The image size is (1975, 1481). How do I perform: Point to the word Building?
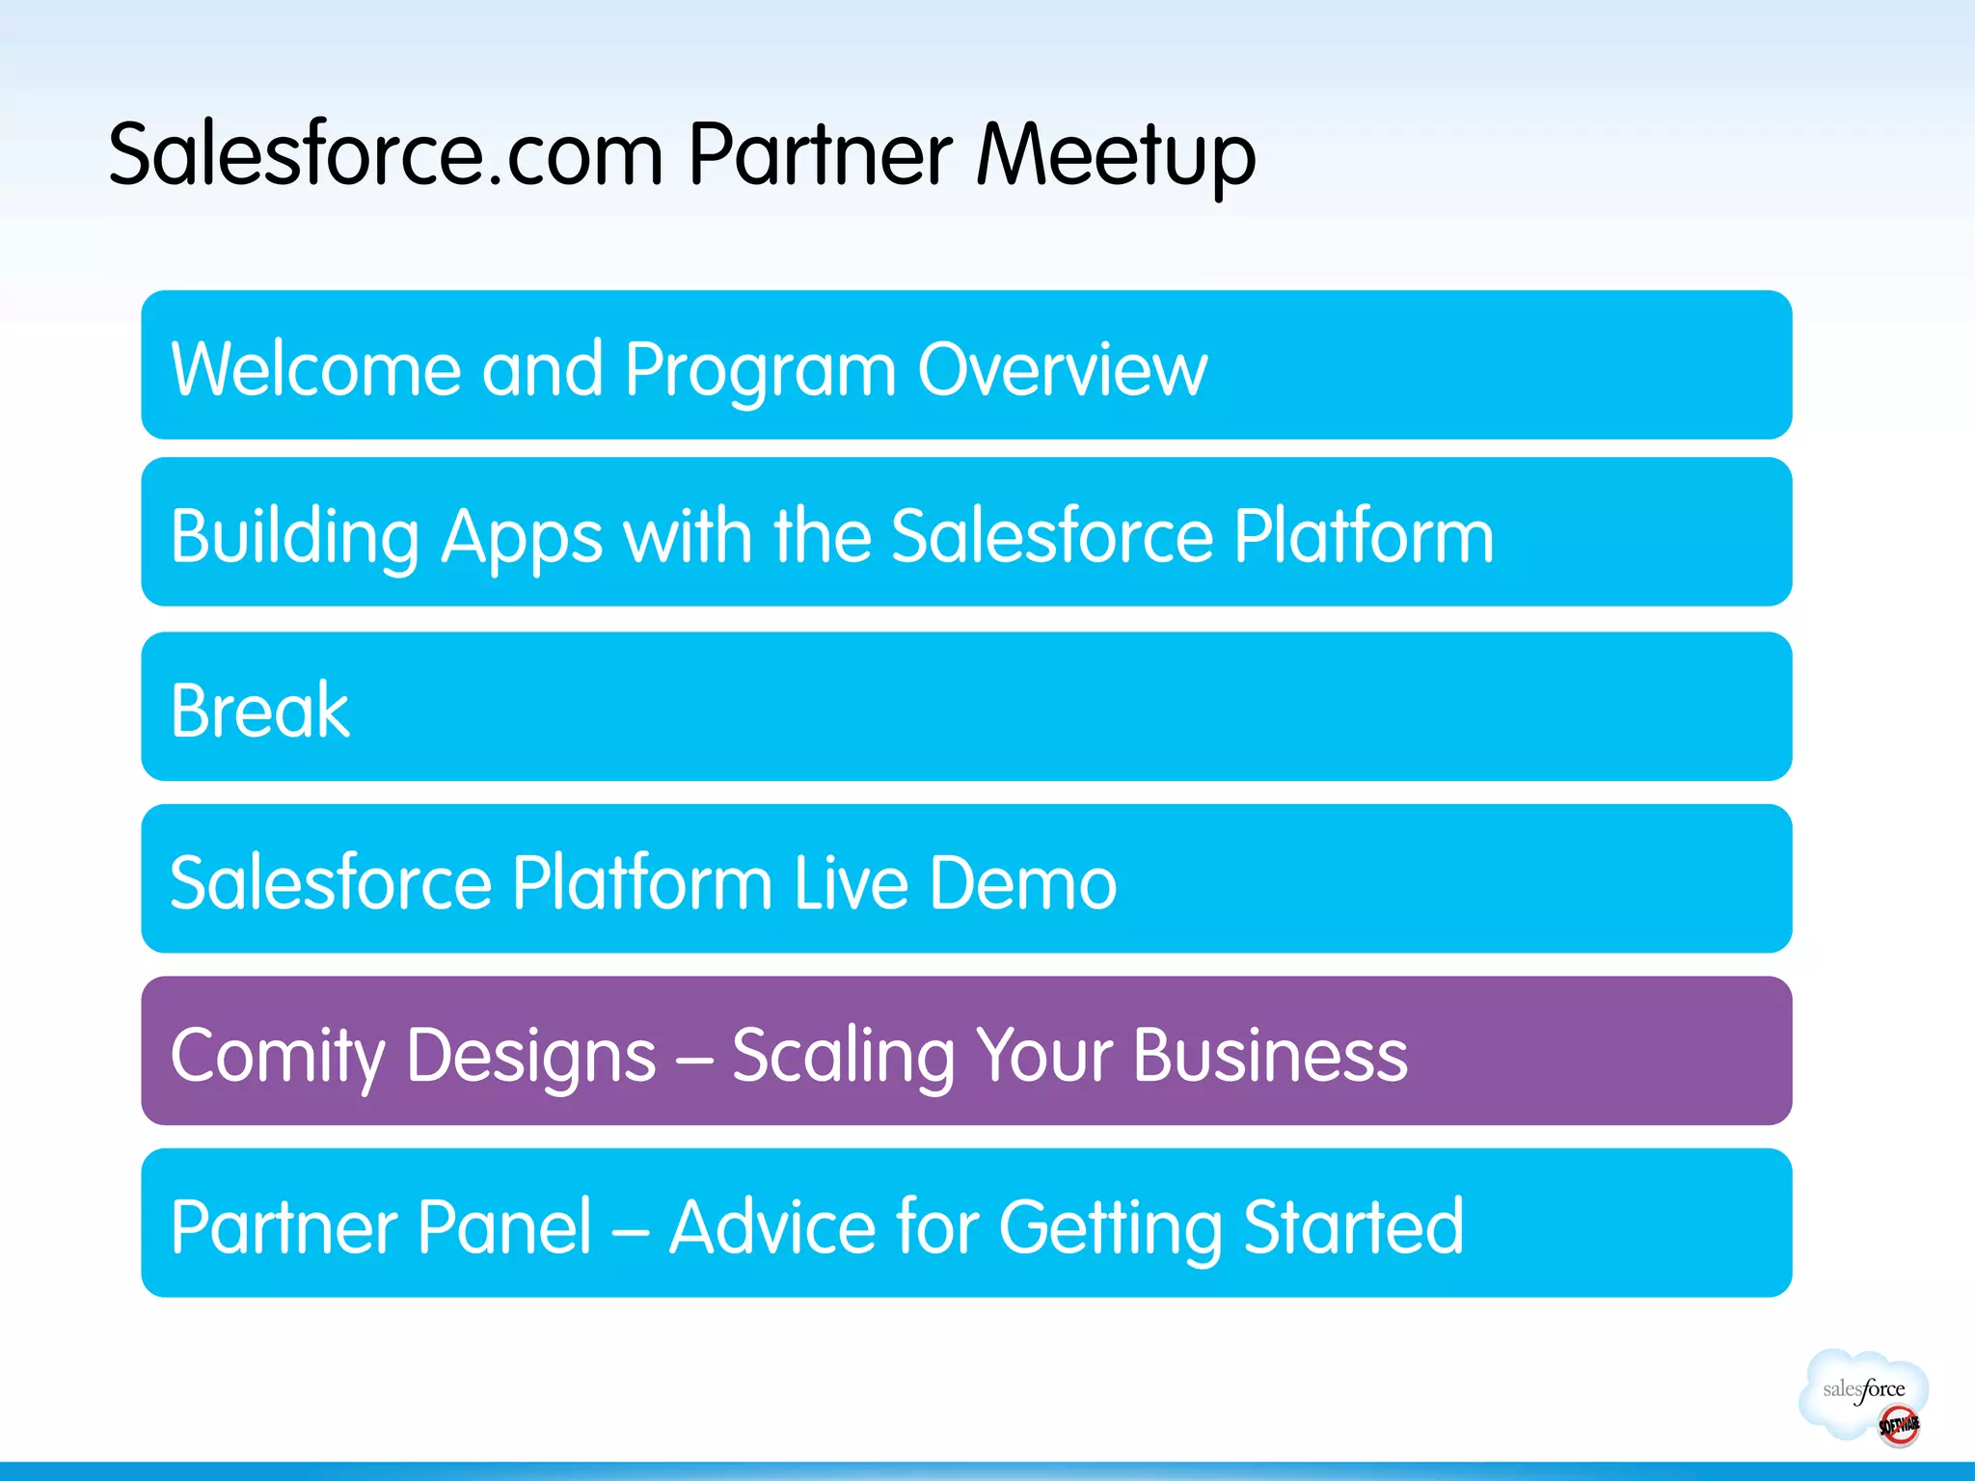[295, 537]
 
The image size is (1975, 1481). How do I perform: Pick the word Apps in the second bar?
[521, 537]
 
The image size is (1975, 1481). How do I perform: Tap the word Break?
[259, 710]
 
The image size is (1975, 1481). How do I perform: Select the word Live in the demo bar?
[851, 882]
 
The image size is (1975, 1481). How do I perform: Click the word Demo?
[1022, 882]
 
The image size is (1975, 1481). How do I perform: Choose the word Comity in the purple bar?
[278, 1056]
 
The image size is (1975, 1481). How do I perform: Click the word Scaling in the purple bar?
[842, 1056]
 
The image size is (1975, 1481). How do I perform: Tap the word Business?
[1270, 1054]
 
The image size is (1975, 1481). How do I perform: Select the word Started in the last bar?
[1353, 1226]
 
